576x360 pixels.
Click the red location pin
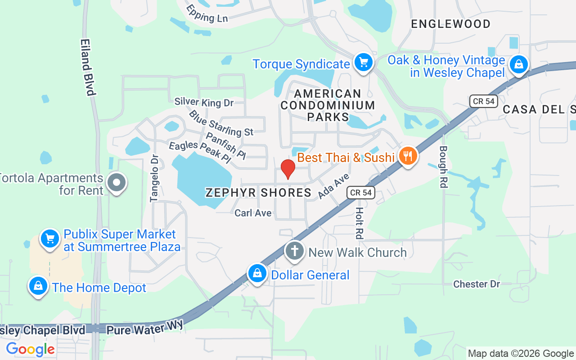[288, 168]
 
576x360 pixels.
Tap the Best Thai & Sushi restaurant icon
[408, 156]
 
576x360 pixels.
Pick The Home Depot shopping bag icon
[38, 286]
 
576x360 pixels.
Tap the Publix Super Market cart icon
[50, 238]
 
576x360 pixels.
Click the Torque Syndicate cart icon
[363, 63]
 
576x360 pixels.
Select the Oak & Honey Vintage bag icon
[519, 64]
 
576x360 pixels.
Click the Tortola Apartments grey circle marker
[117, 183]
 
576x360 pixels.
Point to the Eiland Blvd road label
[88, 67]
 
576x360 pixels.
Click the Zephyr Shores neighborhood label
[258, 193]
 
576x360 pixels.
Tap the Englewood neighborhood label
[451, 24]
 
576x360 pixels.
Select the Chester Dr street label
[477, 284]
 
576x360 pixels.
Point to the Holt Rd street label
[359, 223]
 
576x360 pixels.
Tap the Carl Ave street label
[253, 213]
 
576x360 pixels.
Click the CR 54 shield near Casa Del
[484, 101]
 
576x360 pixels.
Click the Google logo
[30, 349]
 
